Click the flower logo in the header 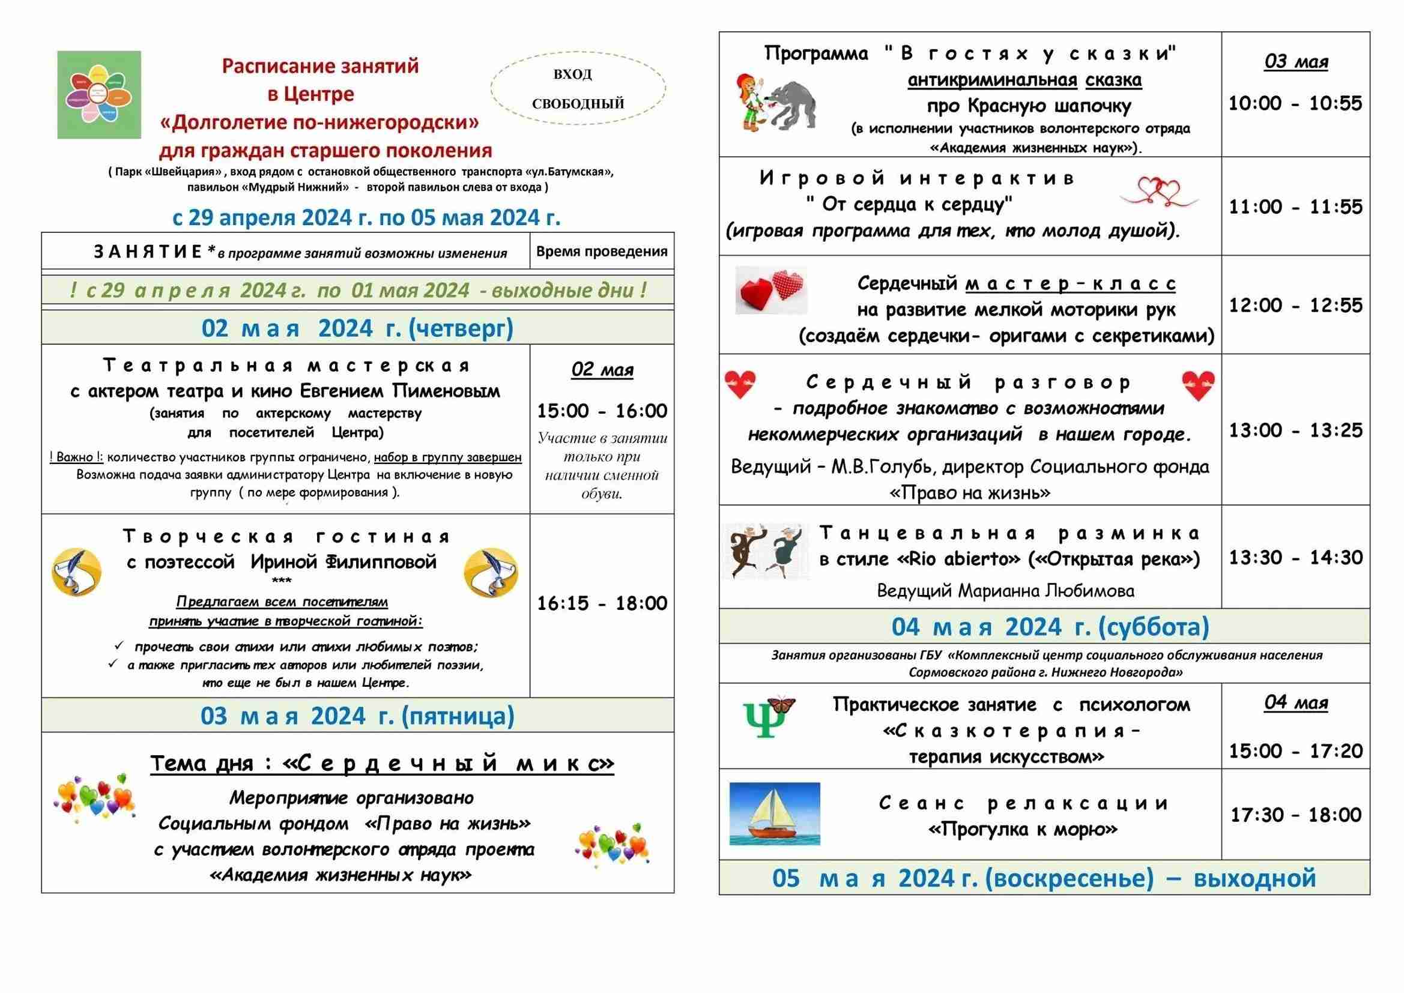click(99, 95)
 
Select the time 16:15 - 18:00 click(602, 603)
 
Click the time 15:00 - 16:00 click(602, 411)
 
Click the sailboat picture click(775, 814)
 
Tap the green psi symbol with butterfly click(768, 717)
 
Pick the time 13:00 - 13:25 click(1296, 430)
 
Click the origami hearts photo click(770, 290)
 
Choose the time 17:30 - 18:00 click(1296, 815)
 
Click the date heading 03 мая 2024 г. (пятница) click(357, 716)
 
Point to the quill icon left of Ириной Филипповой click(76, 572)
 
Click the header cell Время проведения click(602, 252)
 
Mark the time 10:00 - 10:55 click(1296, 103)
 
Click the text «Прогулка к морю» click(1023, 829)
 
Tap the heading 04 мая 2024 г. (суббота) click(1050, 627)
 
